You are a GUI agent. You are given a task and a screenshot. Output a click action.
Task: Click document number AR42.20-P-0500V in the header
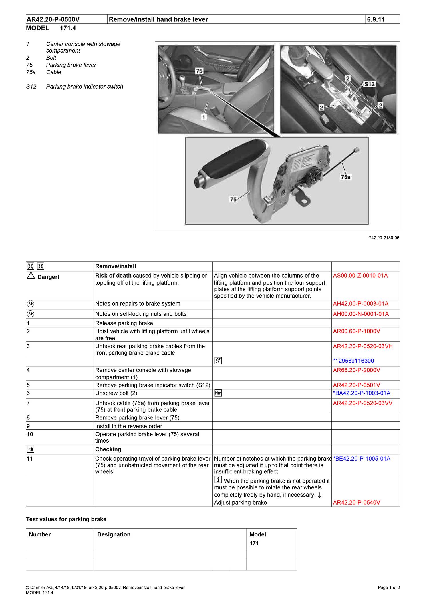tap(53, 19)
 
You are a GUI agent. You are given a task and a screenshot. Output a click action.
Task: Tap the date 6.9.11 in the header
tap(376, 19)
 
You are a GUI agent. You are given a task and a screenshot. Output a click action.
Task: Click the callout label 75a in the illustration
tap(345, 177)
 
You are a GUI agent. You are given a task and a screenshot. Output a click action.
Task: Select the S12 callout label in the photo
tap(370, 84)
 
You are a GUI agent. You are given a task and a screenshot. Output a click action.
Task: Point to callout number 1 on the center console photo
tap(203, 117)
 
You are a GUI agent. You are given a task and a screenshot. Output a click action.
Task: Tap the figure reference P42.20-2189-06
tap(384, 238)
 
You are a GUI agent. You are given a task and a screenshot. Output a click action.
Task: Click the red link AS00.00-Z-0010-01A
tap(360, 276)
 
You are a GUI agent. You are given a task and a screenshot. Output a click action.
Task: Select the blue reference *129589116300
tap(353, 361)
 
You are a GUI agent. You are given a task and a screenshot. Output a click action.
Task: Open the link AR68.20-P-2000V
tap(356, 370)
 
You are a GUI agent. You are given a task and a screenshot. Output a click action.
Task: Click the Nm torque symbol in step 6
tap(218, 393)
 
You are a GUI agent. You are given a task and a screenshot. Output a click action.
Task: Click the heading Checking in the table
tap(108, 449)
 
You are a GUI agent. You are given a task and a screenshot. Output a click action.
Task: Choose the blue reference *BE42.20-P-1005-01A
tap(362, 459)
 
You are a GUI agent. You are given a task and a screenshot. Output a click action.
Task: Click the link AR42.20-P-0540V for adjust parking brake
tap(356, 503)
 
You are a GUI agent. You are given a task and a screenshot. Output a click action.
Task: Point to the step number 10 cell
tap(30, 434)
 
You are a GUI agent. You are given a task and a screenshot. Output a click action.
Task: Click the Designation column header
tap(114, 534)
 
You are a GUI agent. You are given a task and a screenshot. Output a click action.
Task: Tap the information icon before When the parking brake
tap(218, 480)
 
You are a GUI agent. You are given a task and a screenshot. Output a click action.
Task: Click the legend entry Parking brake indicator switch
tap(85, 87)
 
